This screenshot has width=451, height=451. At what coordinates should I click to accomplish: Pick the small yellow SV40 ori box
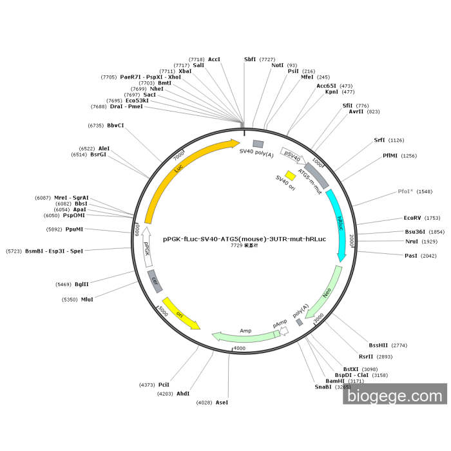(x=291, y=175)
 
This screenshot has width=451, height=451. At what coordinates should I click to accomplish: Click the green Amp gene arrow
(x=245, y=336)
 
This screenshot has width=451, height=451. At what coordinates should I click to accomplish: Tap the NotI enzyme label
(x=277, y=65)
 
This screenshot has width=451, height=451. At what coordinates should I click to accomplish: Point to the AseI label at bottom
(x=222, y=402)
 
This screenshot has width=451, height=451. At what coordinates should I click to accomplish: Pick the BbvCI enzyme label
(x=116, y=125)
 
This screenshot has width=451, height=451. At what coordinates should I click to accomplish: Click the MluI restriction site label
(x=87, y=299)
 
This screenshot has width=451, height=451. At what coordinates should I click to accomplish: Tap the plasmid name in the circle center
(x=244, y=238)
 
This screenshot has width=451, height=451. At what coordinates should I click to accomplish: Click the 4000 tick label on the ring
(x=239, y=349)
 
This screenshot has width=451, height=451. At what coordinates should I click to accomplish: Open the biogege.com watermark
(x=395, y=394)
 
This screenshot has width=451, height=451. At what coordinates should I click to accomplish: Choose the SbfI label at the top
(x=250, y=59)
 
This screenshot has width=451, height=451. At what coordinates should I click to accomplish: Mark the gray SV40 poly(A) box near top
(x=258, y=144)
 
